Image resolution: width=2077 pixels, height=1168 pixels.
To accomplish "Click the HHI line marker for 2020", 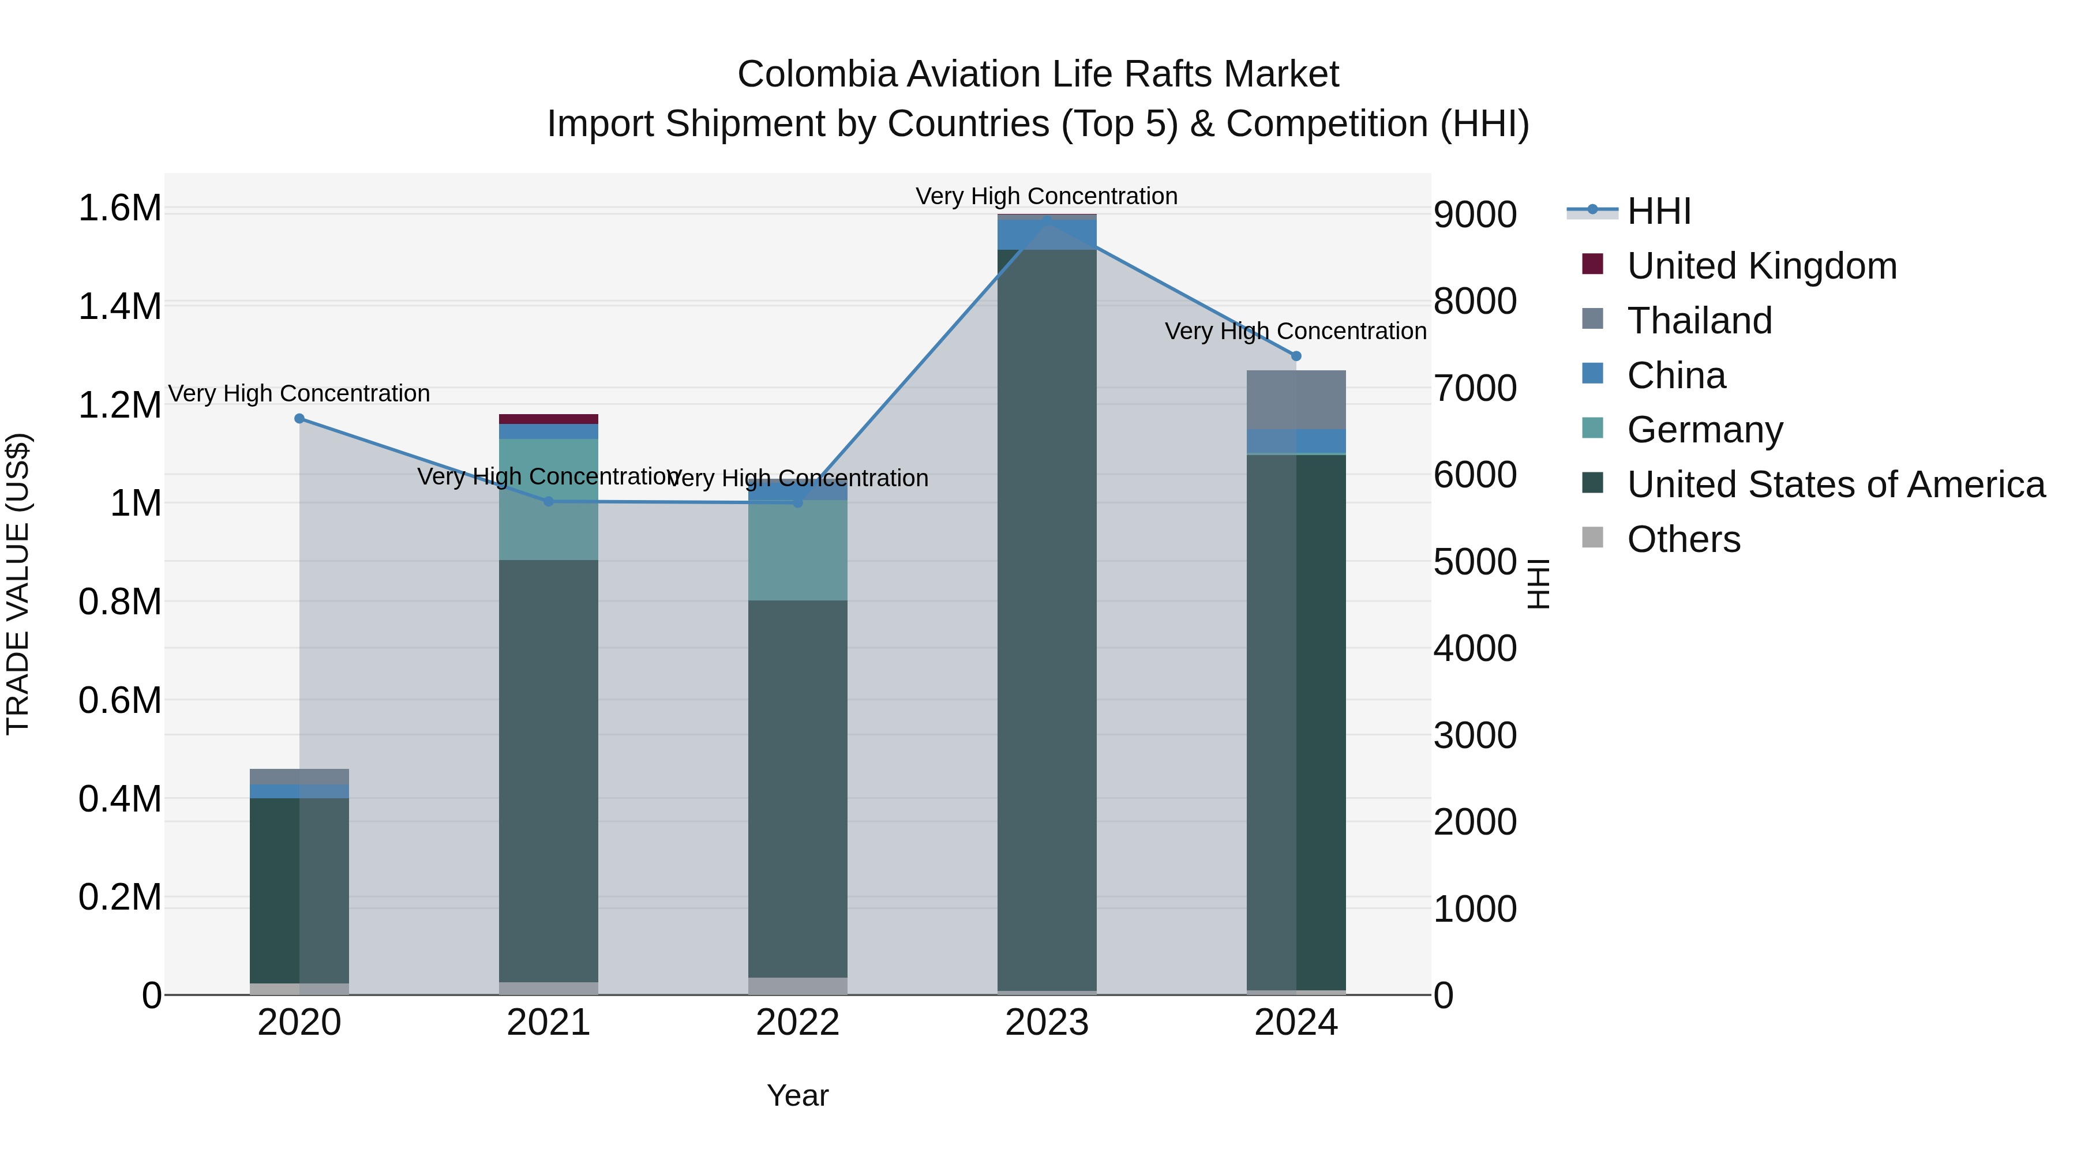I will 299,418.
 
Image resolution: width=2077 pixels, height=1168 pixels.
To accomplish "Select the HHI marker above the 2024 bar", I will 1296,355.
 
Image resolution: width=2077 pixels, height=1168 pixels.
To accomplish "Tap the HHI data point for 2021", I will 548,501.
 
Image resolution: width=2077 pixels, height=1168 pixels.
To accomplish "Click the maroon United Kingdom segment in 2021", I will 548,419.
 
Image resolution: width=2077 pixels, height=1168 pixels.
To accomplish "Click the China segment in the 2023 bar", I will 1047,235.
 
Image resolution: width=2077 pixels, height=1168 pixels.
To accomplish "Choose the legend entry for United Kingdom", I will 1762,266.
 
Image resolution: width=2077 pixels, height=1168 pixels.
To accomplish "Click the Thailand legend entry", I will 1699,321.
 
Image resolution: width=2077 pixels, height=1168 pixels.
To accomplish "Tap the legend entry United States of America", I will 1836,485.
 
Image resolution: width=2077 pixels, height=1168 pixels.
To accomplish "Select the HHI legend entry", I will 1659,211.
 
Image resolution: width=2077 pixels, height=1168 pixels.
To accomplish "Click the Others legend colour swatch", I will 1592,537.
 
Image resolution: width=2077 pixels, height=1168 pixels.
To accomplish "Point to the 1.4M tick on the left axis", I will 120,307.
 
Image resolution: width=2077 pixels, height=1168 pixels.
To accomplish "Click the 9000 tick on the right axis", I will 1475,215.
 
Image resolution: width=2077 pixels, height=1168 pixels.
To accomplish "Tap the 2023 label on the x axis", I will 1047,1023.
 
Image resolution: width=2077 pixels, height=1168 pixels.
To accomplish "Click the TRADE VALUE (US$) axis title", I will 18,584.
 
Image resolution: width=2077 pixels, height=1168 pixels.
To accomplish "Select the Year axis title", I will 797,1095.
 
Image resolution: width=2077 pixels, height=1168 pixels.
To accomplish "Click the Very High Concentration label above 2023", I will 1047,196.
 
